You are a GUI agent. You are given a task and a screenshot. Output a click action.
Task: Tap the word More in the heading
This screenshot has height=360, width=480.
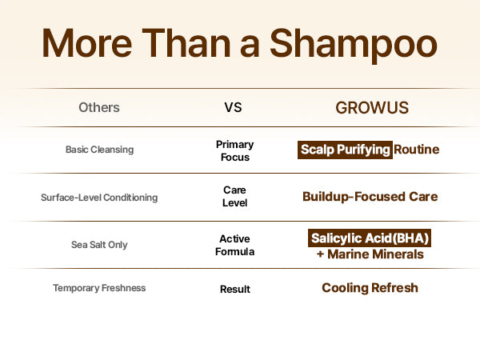(87, 43)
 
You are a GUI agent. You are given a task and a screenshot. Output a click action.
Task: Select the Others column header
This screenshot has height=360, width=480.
(99, 107)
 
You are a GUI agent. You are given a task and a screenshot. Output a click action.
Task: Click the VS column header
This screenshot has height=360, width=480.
(233, 107)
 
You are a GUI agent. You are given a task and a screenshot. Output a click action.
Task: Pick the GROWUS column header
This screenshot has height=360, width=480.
(372, 108)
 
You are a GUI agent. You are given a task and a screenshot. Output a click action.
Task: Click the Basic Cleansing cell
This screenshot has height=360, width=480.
(99, 150)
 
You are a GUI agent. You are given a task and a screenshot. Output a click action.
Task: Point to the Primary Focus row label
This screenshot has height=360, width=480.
(234, 150)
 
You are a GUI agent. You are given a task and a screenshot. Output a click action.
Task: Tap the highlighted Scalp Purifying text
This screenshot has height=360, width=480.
(345, 150)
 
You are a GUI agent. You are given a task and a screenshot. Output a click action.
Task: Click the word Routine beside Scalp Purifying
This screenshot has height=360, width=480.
(416, 150)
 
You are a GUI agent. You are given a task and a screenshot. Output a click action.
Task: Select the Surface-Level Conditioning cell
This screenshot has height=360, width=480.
(99, 198)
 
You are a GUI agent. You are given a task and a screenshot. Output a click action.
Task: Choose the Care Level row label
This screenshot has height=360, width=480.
(234, 196)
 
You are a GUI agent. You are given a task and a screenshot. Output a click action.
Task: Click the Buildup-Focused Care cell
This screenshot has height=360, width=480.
(370, 197)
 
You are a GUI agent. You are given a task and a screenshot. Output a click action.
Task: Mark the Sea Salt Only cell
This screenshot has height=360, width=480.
(99, 245)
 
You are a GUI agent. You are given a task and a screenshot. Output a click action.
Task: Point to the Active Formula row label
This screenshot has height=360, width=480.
(234, 245)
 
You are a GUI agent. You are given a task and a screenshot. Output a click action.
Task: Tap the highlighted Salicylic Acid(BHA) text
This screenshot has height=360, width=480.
(370, 238)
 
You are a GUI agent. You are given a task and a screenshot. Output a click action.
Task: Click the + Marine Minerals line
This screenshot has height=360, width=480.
(370, 254)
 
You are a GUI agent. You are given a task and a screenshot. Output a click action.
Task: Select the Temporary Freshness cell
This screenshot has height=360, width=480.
(99, 288)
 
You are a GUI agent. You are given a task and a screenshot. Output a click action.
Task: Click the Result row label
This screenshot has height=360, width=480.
(234, 289)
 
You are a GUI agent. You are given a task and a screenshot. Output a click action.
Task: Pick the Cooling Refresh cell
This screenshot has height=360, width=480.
(370, 288)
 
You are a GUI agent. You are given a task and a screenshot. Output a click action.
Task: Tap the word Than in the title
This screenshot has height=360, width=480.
(186, 43)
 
